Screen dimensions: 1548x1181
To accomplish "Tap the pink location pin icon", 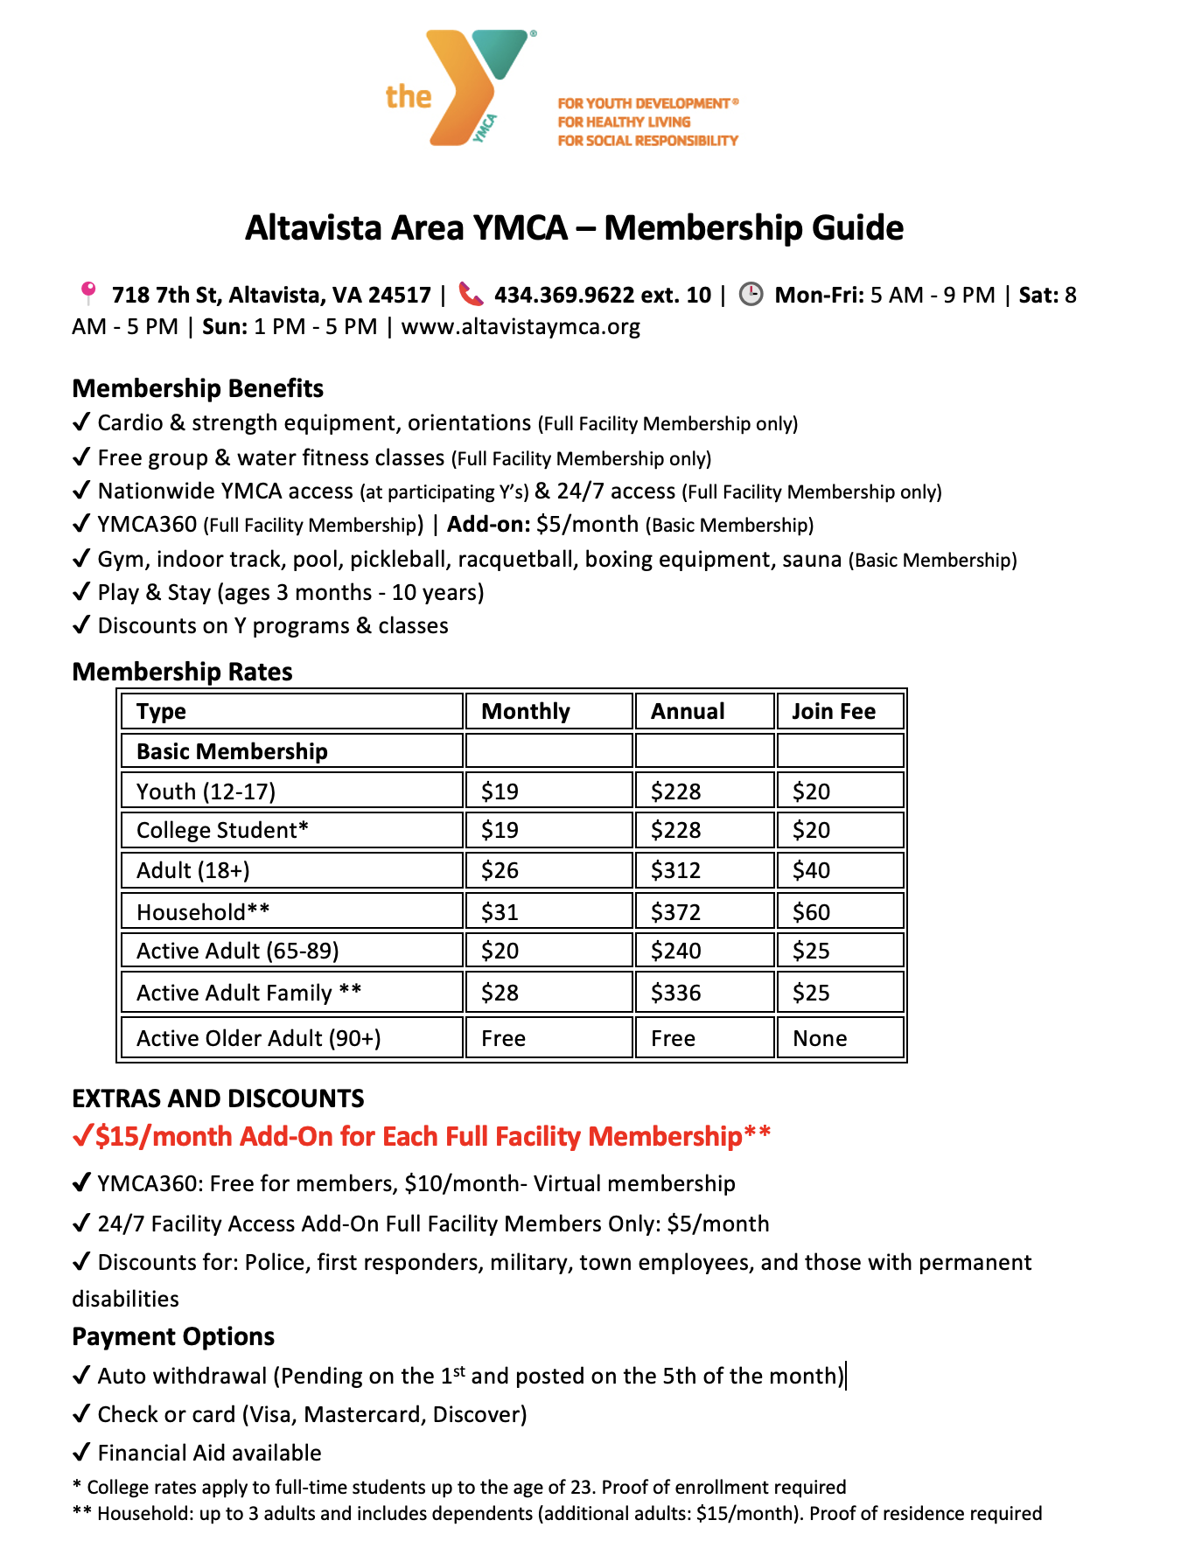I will [87, 293].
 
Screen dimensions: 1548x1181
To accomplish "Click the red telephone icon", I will [471, 294].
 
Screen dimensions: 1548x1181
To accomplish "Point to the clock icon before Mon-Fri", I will [751, 294].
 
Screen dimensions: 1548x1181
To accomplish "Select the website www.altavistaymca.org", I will [521, 327].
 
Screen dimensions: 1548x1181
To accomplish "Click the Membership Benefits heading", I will [198, 388].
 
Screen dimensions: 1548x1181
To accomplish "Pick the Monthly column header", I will [526, 711].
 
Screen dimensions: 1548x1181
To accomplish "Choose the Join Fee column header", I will [834, 711].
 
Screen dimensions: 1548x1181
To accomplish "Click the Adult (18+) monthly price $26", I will [500, 870].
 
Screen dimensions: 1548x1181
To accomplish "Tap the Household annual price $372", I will [675, 912].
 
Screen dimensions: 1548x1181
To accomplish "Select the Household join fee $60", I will [811, 912].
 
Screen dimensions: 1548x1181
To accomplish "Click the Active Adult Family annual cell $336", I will [675, 993].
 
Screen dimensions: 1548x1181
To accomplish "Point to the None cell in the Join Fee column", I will [820, 1038].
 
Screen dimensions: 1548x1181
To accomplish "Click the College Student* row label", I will [222, 830].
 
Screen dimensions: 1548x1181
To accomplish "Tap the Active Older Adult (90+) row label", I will [258, 1038].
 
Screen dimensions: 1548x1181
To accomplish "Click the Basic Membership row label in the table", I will [232, 751].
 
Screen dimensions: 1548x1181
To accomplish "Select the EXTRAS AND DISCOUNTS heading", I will [218, 1098].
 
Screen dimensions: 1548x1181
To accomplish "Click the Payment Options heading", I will [173, 1336].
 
